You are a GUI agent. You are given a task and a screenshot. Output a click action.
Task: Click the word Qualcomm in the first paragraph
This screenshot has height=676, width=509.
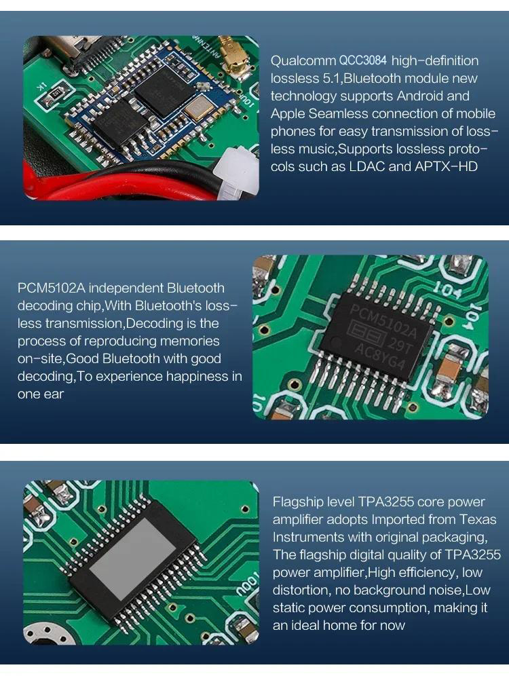coord(303,61)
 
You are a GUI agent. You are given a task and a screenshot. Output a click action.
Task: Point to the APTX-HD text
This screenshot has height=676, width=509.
coord(446,166)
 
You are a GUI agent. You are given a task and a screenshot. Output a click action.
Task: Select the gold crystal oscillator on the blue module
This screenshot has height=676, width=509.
coord(199,108)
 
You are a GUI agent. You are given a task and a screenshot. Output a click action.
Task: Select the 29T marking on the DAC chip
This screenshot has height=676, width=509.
coord(400,345)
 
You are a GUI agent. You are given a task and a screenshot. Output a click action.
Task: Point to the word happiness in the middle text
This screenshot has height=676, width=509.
coord(196,377)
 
